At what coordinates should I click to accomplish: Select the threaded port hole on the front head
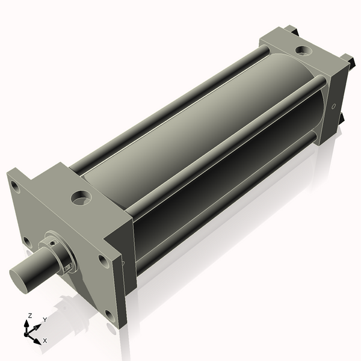pyautogui.click(x=79, y=197)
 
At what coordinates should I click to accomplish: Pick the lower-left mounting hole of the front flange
pyautogui.click(x=27, y=241)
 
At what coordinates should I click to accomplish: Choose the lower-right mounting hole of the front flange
pyautogui.click(x=109, y=315)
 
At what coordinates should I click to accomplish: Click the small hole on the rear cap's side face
pyautogui.click(x=333, y=108)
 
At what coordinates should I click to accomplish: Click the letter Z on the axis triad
pyautogui.click(x=31, y=316)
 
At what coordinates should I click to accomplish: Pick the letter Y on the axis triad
pyautogui.click(x=45, y=319)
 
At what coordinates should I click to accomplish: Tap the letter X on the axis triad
pyautogui.click(x=45, y=341)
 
